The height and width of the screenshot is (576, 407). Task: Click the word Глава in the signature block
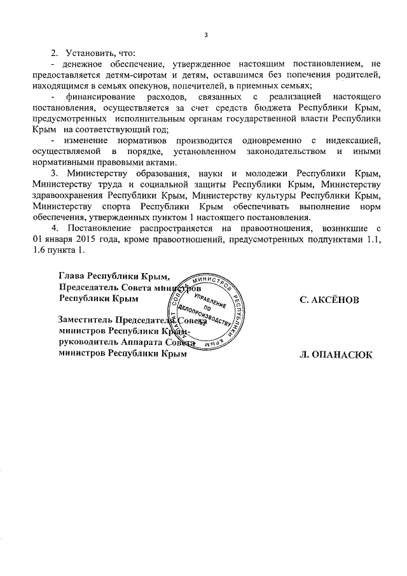tap(71, 276)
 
